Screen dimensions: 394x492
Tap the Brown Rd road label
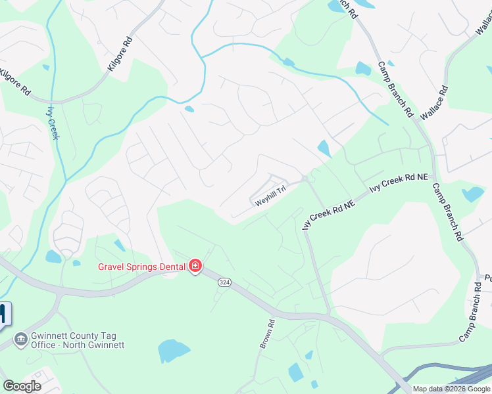[x=266, y=334]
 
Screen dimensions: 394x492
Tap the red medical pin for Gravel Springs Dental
[x=195, y=266]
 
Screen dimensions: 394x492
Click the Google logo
[x=22, y=385]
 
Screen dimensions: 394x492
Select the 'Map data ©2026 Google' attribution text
[x=451, y=389]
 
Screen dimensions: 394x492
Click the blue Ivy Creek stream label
[x=53, y=122]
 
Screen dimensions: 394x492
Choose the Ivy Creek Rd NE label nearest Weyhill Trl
[x=328, y=215]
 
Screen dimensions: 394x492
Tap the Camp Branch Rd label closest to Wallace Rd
[x=395, y=91]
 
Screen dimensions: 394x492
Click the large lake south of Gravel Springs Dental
[x=174, y=351]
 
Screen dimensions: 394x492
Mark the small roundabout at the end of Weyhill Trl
[x=305, y=179]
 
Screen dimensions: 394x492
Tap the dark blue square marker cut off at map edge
[x=5, y=314]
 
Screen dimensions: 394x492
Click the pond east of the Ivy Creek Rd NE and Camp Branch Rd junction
[x=472, y=194]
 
